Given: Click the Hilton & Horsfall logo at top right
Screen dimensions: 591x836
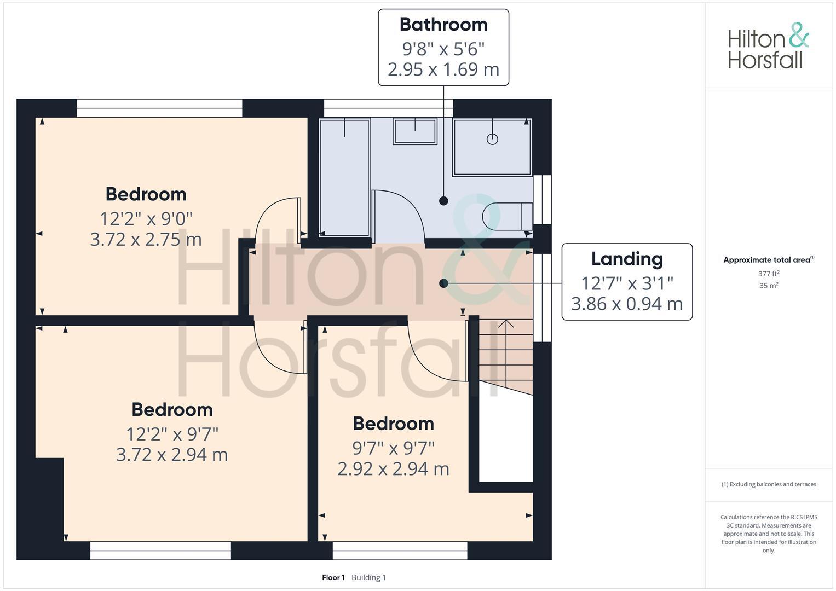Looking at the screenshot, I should [x=768, y=47].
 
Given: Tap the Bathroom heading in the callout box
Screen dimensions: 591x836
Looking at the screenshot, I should [x=443, y=25].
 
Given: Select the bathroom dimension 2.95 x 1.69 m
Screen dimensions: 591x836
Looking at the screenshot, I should [x=443, y=69].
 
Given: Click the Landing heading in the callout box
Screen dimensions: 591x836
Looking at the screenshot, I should [x=627, y=259].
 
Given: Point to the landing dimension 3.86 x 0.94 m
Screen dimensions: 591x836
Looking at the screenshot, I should [x=627, y=304].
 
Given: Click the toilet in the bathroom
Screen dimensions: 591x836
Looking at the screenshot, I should [x=506, y=216].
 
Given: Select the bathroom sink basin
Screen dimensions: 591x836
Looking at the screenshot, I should [x=414, y=132].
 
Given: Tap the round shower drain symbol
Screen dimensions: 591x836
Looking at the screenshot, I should [x=492, y=139].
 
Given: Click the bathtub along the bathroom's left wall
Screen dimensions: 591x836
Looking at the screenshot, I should [x=344, y=178].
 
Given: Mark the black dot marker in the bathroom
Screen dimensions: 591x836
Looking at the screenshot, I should [x=443, y=201].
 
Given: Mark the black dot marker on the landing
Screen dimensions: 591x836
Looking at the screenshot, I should [x=443, y=283].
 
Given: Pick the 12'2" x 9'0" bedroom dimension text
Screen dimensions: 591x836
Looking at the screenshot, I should [x=146, y=219].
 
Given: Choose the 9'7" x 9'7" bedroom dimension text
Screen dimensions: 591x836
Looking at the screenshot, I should [x=393, y=448].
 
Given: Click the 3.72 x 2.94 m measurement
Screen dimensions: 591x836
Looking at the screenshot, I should [x=172, y=455].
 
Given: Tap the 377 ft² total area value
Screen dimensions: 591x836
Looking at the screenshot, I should [x=769, y=274].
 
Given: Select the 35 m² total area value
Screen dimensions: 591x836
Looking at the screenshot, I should [x=769, y=286].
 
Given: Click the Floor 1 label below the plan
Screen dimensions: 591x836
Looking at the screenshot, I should [x=333, y=577].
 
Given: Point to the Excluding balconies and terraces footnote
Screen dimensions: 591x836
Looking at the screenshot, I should [x=769, y=484].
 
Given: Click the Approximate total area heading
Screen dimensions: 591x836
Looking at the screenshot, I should [x=768, y=260].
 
